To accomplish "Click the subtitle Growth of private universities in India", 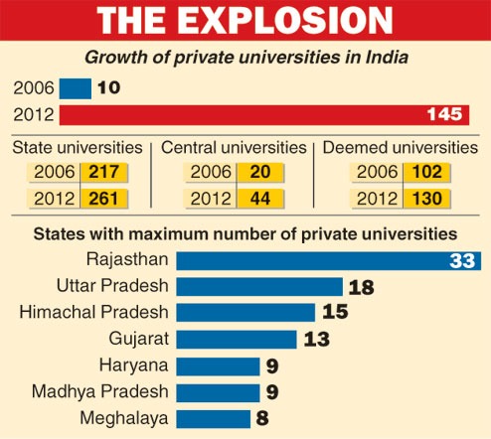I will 245,58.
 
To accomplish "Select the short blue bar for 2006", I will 75,88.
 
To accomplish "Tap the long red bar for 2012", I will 248,115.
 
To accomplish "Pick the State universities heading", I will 77,148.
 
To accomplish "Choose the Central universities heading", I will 235,148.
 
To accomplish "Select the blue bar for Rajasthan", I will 308,261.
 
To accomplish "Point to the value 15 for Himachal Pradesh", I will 335,313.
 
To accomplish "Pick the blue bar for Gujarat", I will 237,339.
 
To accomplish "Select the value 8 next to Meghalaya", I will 262,418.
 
